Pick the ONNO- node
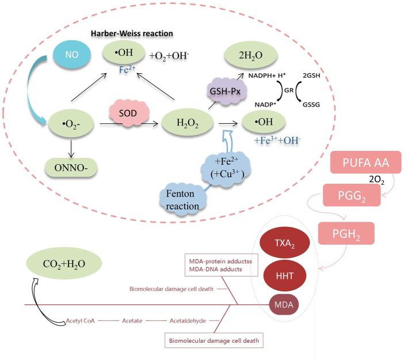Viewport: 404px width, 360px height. (70, 169)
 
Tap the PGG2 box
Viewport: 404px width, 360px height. (352, 195)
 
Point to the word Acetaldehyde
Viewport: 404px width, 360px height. (187, 321)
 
